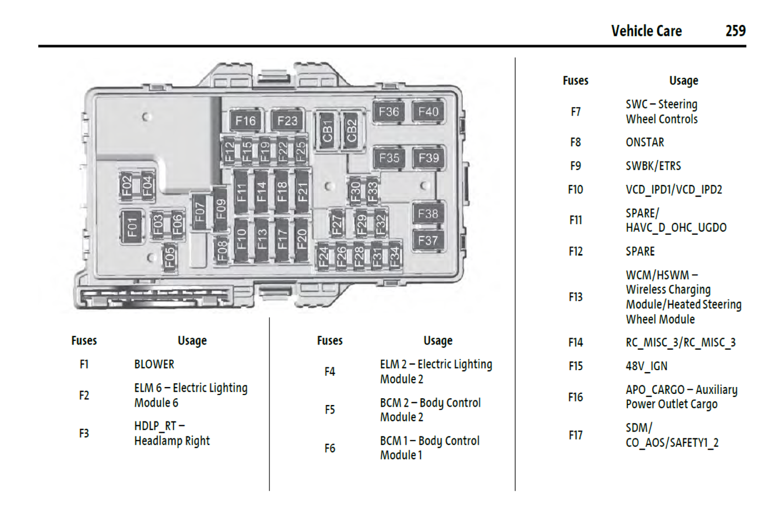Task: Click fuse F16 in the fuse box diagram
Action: coord(245,121)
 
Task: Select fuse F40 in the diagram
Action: coord(428,112)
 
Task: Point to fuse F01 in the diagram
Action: coord(132,227)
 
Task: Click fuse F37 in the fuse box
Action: coord(428,241)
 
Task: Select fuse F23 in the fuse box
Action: coord(287,121)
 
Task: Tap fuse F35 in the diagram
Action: coord(389,158)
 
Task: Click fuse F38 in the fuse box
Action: coord(428,214)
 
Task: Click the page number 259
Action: coord(735,31)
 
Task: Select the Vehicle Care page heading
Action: coord(646,31)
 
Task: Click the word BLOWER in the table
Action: coord(154,364)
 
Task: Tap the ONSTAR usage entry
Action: coord(645,142)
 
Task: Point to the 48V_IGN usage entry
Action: coord(646,366)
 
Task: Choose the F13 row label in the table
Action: coord(575,297)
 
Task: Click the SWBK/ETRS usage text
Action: coord(653,166)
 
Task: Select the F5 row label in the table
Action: coord(330,410)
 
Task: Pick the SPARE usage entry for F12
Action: coord(640,251)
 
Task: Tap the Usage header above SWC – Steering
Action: coord(683,81)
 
